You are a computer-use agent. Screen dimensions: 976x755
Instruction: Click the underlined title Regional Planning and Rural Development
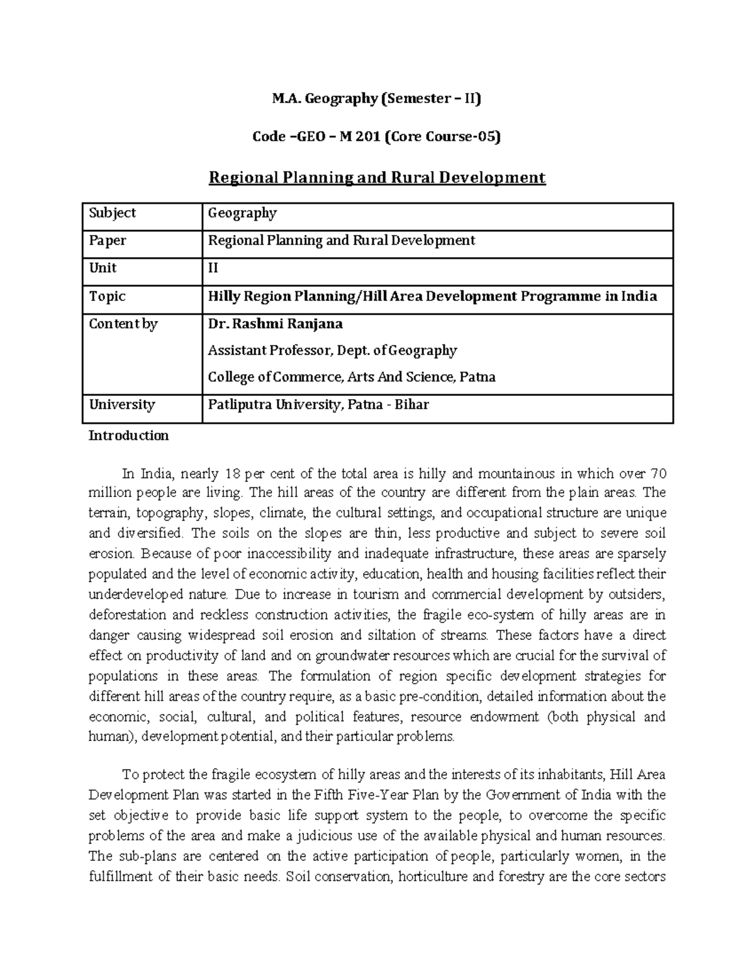coord(377,178)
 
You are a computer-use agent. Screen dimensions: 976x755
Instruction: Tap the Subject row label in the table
coord(112,213)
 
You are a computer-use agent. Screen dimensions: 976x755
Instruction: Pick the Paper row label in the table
coord(108,241)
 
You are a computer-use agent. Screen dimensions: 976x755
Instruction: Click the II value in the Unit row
coord(213,268)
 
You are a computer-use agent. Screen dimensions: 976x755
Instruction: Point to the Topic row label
coord(107,296)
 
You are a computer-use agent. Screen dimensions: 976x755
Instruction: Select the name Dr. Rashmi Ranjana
coord(276,324)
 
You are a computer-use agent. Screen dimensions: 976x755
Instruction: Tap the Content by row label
coord(123,324)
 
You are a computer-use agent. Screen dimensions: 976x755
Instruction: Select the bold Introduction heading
coord(128,436)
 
